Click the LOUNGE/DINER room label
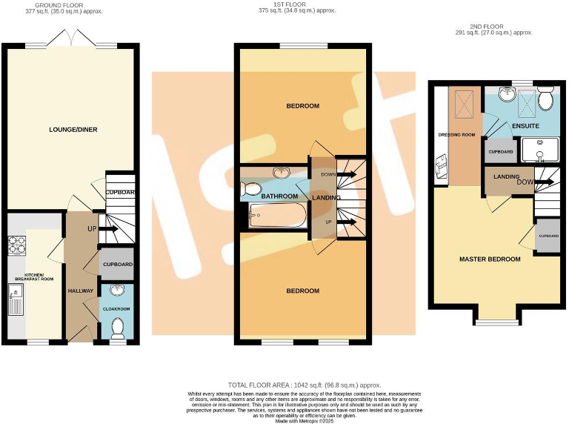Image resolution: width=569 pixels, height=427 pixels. (73, 130)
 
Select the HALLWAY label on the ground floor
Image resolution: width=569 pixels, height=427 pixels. (81, 291)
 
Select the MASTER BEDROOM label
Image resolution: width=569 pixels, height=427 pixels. (490, 259)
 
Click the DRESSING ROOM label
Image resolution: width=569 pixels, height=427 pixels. (457, 135)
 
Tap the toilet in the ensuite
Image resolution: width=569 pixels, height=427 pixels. (547, 100)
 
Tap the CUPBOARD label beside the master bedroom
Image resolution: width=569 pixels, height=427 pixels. (548, 236)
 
